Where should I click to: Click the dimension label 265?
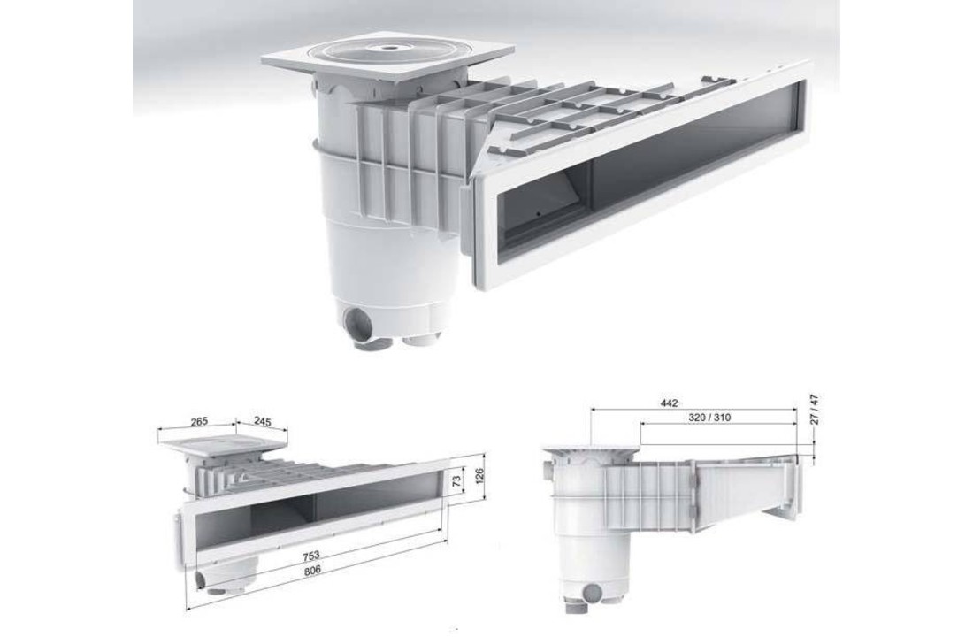pos(199,421)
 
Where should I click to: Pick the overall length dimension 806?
pos(313,572)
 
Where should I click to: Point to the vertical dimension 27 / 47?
pos(816,408)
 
